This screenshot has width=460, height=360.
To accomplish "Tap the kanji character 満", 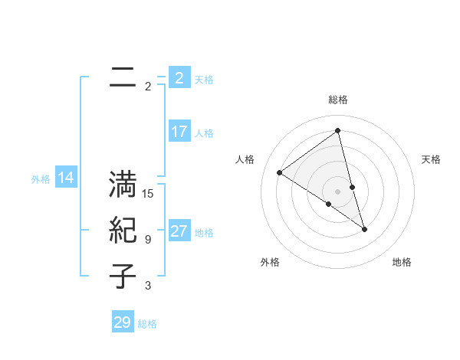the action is tap(123, 185).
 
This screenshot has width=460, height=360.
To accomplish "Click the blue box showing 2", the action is tap(179, 78).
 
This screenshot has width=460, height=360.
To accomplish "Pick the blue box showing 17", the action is tap(179, 132).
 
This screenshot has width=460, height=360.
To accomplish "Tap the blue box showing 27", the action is tap(179, 231).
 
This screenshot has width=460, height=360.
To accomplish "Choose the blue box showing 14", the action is tap(66, 178).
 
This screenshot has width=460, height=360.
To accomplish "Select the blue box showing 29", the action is tap(123, 322).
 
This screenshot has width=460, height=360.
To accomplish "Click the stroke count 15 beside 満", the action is tap(148, 194).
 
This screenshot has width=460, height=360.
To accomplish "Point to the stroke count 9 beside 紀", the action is tap(148, 240).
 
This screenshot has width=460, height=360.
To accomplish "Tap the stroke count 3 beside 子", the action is tap(148, 286).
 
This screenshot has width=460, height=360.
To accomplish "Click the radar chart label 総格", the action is tap(338, 100).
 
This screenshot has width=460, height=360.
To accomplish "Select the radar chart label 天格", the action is tap(431, 159).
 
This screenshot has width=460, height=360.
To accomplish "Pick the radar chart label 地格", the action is tap(402, 262).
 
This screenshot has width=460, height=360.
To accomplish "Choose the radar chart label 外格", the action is tap(270, 262).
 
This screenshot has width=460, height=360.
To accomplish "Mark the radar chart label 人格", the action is tap(245, 159).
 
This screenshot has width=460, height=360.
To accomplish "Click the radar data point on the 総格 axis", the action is tap(338, 130).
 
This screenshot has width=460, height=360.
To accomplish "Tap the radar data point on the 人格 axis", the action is tap(280, 172).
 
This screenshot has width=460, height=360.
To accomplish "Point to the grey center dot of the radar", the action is tap(338, 191).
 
